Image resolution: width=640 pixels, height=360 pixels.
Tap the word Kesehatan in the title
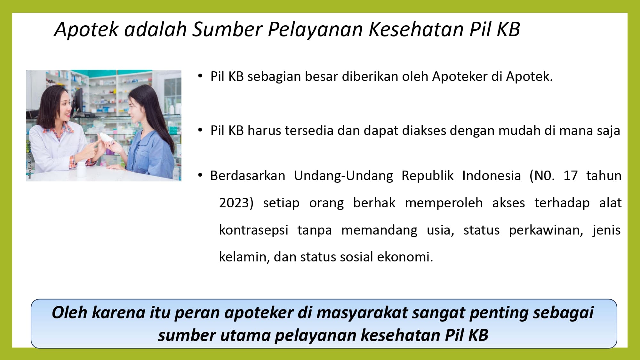click(416, 29)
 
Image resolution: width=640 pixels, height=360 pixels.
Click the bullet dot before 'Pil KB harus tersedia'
click(200, 130)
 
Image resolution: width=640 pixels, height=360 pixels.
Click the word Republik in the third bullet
click(428, 176)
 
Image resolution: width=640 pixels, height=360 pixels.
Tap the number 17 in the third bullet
click(571, 176)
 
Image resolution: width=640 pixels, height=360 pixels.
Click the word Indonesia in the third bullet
click(492, 176)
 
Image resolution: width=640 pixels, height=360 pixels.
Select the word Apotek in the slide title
click(86, 29)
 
